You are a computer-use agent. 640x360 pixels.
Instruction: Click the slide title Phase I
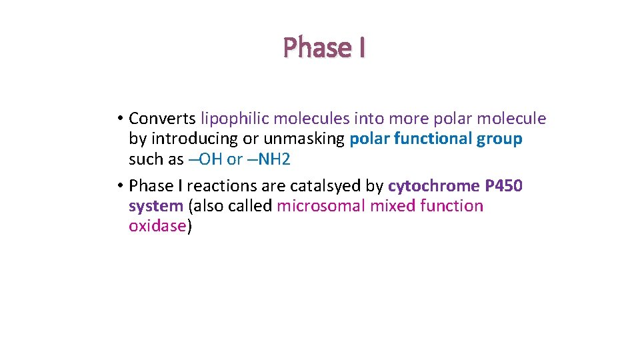pos(324,47)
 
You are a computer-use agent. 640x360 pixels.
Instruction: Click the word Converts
pos(162,119)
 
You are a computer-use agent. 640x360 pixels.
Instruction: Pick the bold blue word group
pos(499,139)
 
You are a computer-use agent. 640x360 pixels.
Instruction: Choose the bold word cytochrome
pos(433,185)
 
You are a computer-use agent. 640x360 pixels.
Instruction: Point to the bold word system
pos(155,206)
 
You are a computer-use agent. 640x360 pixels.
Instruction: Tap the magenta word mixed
pos(393,206)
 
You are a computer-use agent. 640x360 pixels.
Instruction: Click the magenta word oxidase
pos(157,226)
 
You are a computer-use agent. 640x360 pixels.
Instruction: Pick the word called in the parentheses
pos(250,206)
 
